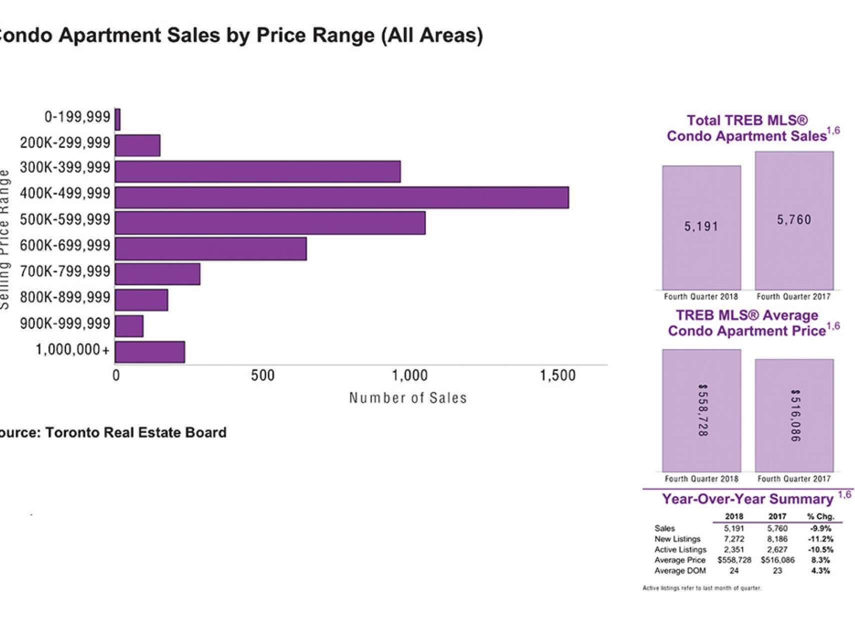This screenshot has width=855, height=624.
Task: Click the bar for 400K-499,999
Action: tap(341, 197)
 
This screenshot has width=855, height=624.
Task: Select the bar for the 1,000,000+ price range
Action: tap(150, 352)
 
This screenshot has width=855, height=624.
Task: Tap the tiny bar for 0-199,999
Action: tap(117, 119)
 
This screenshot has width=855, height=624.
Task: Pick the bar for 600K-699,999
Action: tap(210, 249)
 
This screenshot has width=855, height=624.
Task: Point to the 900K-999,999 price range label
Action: tap(65, 323)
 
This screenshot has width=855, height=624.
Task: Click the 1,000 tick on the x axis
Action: tap(409, 375)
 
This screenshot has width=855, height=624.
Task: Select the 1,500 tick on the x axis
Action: tap(557, 375)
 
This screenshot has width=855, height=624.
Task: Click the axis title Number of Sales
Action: tap(408, 398)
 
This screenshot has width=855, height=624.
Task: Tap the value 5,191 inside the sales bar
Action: tap(701, 226)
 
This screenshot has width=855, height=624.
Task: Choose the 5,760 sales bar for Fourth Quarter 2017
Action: tap(794, 220)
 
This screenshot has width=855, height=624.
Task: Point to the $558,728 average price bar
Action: tap(701, 410)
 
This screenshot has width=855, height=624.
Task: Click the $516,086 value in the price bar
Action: tap(795, 415)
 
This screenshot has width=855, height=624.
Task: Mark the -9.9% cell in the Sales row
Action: tap(820, 528)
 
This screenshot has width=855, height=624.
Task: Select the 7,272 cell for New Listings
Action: tap(733, 539)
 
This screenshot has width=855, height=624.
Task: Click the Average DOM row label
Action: tap(680, 570)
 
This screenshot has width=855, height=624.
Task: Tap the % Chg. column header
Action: tap(820, 516)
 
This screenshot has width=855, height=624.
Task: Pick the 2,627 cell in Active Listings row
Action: tap(777, 549)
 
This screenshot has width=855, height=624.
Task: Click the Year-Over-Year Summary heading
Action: tap(748, 499)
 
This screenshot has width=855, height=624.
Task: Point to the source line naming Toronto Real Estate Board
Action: tap(113, 432)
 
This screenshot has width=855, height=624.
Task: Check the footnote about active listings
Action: tap(701, 588)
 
